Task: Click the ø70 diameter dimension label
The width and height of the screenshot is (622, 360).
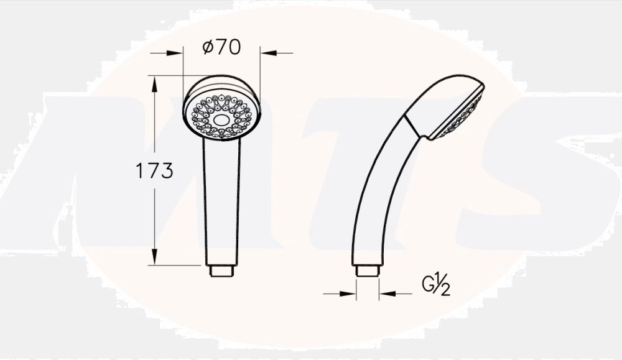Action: (x=221, y=48)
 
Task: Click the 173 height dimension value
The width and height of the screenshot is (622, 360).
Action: (x=154, y=171)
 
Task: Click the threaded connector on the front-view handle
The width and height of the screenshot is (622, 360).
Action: (x=222, y=271)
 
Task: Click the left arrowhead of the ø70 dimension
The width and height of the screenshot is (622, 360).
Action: (x=177, y=53)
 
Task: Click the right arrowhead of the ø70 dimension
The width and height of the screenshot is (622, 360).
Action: (x=266, y=53)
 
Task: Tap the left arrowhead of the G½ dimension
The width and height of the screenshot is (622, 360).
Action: (x=350, y=293)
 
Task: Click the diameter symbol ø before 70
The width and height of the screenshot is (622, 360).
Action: (x=208, y=48)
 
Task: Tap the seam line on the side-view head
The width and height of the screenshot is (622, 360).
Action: (x=415, y=125)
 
